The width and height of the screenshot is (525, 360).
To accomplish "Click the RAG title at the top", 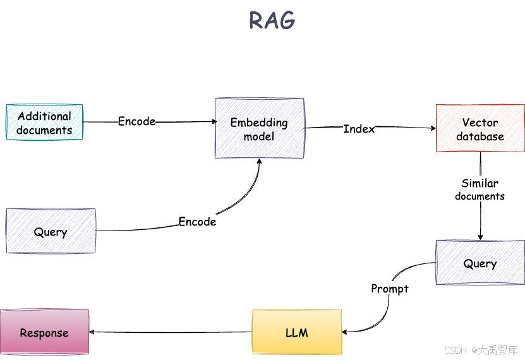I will [272, 21].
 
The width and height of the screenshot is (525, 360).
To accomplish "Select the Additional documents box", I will [44, 123].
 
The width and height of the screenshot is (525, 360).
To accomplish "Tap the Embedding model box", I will [259, 128].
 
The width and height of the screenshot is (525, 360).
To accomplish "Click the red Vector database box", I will [480, 128].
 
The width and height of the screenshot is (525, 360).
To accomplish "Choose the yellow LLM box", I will [296, 332].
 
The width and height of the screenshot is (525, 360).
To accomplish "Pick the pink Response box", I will [44, 332].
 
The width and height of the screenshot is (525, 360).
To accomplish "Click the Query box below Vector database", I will [480, 262].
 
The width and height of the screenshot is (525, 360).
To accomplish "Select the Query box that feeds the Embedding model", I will [51, 231].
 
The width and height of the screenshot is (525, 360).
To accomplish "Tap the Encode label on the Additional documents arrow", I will [136, 121].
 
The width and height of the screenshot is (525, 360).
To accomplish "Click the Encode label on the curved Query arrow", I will [197, 222].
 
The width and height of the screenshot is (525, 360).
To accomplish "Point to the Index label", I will [358, 129].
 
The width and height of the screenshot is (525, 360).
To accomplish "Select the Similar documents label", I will [480, 189].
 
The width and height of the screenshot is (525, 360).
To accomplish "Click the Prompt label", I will [389, 289].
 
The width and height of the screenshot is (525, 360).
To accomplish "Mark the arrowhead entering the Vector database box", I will [433, 128].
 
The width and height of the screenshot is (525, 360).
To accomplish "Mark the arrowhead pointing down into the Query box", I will [480, 237].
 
